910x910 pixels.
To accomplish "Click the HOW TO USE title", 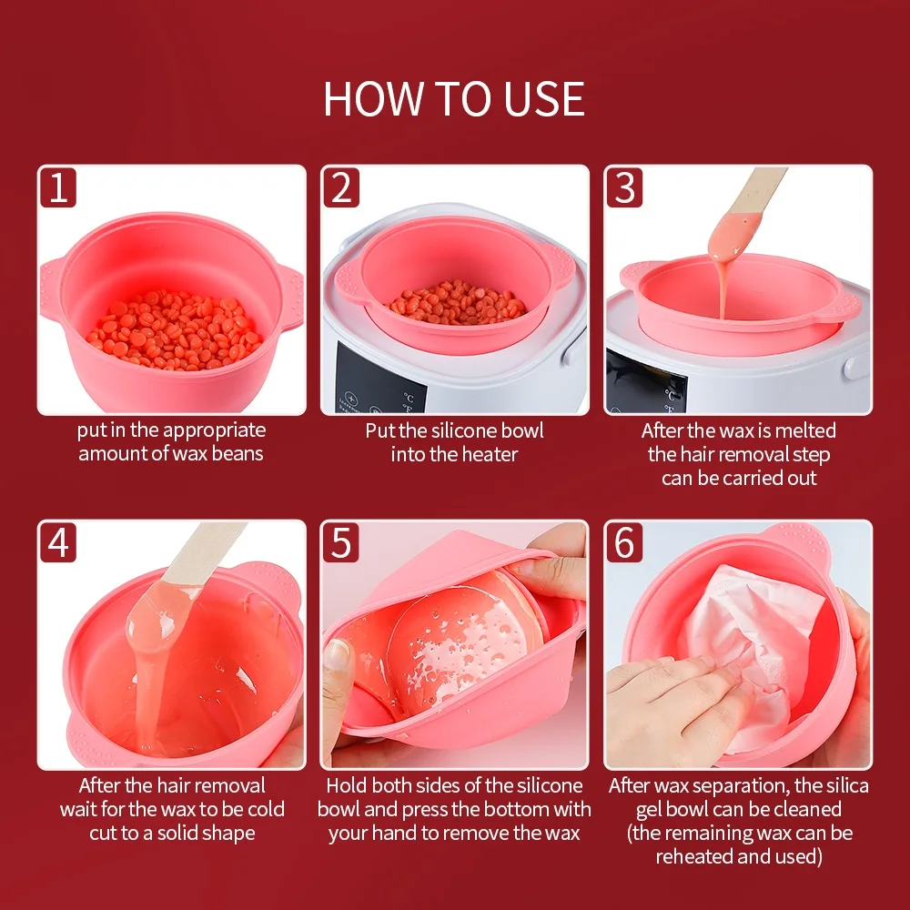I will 454,99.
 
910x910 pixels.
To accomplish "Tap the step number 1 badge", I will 58,188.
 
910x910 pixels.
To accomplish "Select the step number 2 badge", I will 340,188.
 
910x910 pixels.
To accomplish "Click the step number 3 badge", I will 624,188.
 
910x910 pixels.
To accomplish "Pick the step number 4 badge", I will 58,543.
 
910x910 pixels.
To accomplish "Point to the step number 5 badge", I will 340,543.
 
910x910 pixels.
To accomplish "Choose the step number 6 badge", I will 624,543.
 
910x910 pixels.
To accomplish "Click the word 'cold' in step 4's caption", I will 264,809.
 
